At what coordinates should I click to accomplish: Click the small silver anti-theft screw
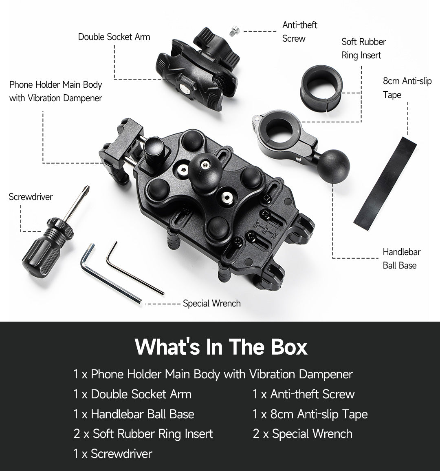tap(234, 31)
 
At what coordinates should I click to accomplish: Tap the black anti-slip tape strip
tap(385, 183)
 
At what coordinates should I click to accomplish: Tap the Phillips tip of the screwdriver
tap(86, 189)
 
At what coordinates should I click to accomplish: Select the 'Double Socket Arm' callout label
tap(114, 37)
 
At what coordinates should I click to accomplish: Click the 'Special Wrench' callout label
tap(212, 303)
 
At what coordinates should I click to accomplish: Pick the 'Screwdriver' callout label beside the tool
tap(31, 197)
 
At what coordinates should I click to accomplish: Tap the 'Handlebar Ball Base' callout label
tap(401, 259)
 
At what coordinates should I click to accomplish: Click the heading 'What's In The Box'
tap(221, 347)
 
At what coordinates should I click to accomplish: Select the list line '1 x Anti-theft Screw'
tap(304, 394)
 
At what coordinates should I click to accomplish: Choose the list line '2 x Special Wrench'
tap(303, 434)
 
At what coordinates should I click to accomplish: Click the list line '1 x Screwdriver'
tap(113, 453)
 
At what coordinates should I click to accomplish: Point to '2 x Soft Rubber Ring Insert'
tap(143, 434)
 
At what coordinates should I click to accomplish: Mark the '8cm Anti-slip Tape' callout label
tap(407, 88)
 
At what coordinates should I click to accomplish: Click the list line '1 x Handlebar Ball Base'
tap(134, 414)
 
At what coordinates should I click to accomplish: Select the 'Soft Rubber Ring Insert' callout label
tap(363, 48)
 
